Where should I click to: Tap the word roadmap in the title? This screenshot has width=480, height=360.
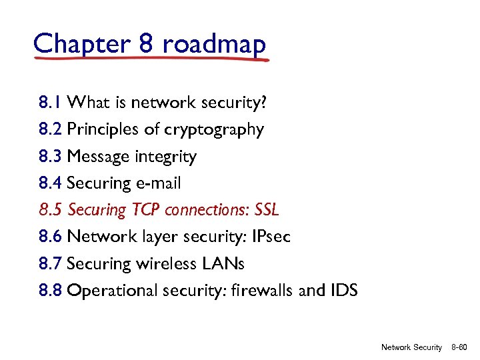[214, 44]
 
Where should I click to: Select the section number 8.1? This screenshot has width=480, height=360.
[50, 103]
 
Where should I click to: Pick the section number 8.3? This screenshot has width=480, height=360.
[50, 157]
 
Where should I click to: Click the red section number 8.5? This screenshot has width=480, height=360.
[50, 210]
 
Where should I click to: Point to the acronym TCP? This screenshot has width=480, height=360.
[145, 210]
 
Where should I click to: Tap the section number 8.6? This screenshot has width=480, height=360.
[50, 237]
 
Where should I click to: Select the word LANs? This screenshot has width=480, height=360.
[223, 264]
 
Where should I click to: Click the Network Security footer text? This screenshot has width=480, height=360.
[411, 347]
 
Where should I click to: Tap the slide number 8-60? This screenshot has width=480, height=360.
[459, 347]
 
